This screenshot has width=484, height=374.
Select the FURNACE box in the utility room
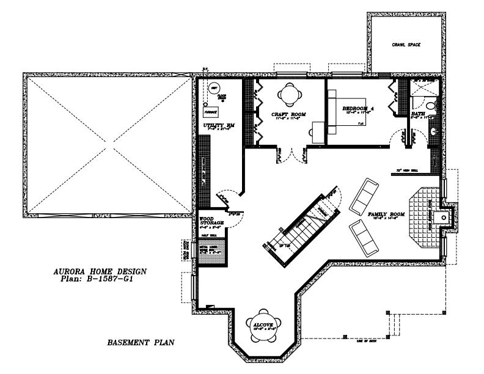211,112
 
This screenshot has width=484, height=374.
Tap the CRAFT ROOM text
288,114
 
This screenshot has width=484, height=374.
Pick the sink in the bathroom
434,130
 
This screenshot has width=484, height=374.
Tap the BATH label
418,114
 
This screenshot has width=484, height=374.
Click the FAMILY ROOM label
387,215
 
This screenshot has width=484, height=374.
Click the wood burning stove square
447,215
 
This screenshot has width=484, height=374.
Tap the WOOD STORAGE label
211,221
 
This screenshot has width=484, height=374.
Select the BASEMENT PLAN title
141,343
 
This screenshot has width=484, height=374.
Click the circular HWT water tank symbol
215,89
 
